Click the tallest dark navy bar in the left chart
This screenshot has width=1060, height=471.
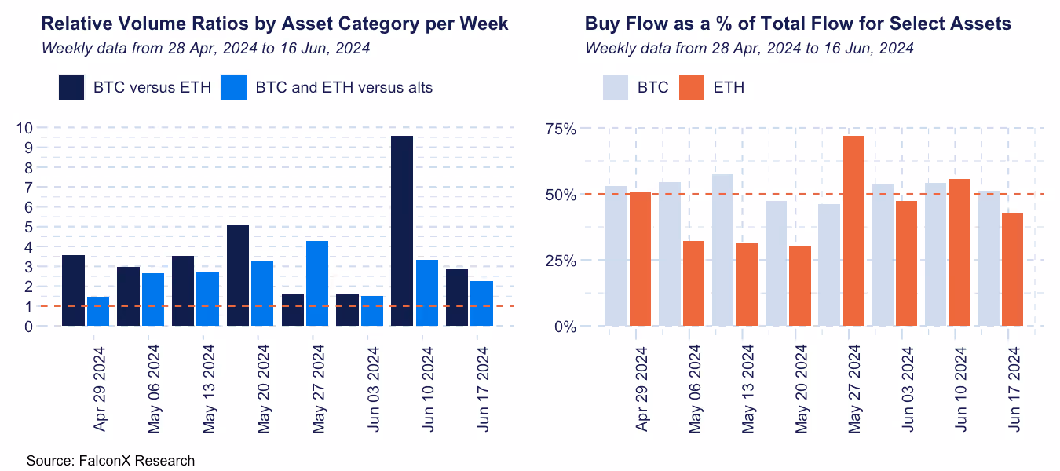[x=401, y=231]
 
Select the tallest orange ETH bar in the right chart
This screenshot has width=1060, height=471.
[x=853, y=231]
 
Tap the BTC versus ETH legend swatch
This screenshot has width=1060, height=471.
[x=71, y=87]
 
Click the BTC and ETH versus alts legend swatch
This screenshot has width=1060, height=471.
[x=234, y=87]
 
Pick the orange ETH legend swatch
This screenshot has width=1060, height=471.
[x=691, y=87]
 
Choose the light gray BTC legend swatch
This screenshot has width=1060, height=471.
[x=616, y=87]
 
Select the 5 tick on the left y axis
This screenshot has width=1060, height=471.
[x=27, y=227]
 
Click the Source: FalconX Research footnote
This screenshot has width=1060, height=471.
[x=110, y=460]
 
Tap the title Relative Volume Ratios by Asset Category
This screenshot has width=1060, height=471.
[x=274, y=24]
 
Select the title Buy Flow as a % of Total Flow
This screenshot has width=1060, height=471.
[x=798, y=24]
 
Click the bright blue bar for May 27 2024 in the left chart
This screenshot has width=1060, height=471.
[x=317, y=283]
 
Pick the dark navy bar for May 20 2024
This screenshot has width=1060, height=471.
[x=238, y=276]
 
